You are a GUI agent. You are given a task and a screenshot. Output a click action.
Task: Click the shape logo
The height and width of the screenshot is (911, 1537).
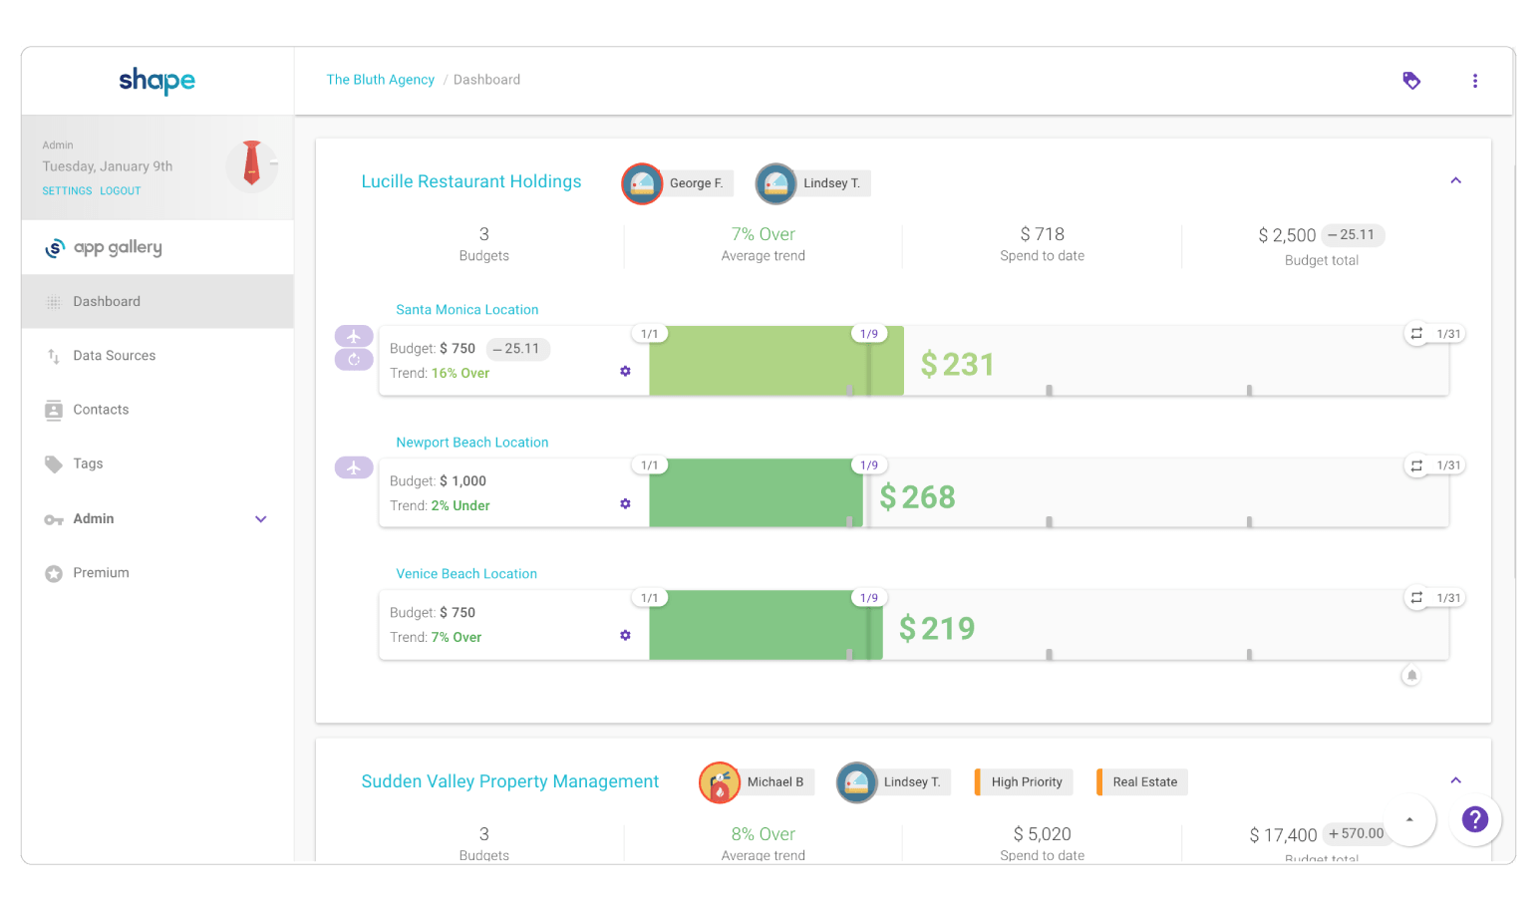(156, 80)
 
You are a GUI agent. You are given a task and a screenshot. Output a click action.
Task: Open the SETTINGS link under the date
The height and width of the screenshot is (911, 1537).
(67, 190)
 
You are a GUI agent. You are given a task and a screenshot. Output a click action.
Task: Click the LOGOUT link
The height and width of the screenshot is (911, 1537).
(120, 190)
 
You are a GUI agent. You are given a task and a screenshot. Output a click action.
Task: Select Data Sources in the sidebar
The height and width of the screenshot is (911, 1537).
(114, 356)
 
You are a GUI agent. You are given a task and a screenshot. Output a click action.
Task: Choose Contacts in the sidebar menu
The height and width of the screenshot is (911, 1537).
(101, 410)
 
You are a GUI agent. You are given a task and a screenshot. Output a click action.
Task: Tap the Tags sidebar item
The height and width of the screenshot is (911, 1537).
(88, 463)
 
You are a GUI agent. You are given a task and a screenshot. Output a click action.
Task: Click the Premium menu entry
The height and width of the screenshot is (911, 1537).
(101, 573)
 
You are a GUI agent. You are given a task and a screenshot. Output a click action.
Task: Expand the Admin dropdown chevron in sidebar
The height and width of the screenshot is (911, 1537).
(261, 519)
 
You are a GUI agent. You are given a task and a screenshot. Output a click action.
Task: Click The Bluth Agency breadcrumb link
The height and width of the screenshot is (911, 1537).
(380, 80)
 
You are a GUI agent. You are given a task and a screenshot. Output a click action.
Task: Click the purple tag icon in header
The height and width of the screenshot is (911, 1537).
(1411, 81)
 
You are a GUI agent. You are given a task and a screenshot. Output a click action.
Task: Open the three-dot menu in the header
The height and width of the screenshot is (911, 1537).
(1475, 81)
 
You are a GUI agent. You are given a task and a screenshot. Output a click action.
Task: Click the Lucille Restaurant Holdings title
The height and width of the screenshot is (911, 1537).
(470, 181)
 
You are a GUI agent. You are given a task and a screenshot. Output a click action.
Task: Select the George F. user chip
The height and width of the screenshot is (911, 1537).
(695, 183)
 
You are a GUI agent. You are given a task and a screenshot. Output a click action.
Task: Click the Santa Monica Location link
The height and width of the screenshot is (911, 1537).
(466, 310)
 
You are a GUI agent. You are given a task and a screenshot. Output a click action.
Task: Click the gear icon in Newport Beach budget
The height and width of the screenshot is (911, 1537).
(625, 503)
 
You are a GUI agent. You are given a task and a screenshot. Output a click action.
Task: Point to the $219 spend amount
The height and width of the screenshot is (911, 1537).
(936, 628)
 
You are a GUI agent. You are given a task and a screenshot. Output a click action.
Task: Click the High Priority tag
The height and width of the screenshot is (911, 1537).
(1026, 782)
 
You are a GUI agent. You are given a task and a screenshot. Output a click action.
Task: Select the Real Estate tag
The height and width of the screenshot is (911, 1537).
(1144, 782)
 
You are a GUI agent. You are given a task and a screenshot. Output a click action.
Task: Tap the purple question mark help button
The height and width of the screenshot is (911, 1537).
(1474, 819)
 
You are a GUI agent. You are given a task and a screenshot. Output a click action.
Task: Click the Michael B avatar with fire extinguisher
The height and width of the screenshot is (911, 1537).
(720, 782)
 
